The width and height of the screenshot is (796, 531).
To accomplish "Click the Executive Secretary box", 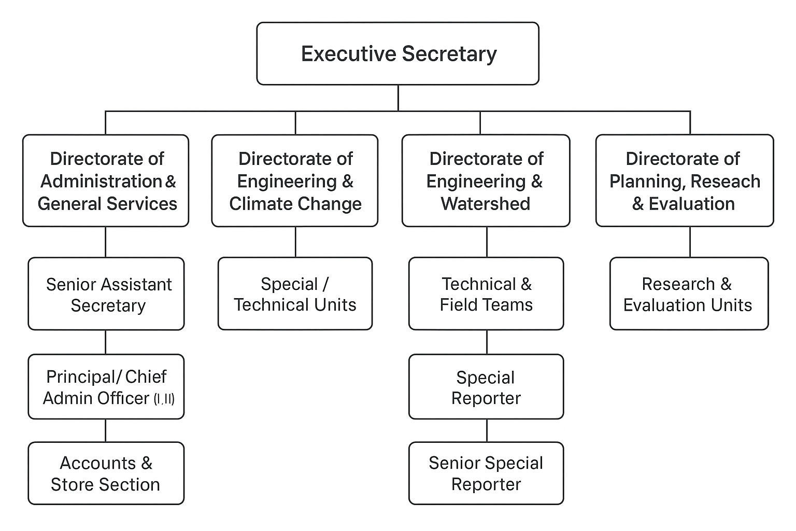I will (x=397, y=53).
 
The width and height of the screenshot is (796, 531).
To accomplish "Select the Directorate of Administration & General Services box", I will (x=106, y=180).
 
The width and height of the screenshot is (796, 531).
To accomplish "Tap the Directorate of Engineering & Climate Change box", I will (x=295, y=180).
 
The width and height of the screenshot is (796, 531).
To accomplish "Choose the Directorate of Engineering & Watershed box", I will (x=486, y=180).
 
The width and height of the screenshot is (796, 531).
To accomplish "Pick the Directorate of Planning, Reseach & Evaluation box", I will (x=685, y=180).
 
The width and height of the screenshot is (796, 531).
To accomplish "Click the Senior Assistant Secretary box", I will (x=106, y=294).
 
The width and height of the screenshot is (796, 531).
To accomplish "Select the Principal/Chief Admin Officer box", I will (x=106, y=387).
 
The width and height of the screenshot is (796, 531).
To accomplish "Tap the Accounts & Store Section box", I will (x=106, y=473).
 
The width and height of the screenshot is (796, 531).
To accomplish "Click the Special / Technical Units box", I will (x=295, y=294).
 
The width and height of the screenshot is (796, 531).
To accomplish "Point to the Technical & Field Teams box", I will (x=486, y=294).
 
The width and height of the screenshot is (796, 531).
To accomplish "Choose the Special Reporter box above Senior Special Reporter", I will (x=486, y=387).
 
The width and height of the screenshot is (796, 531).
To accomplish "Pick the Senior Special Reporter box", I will (x=486, y=473).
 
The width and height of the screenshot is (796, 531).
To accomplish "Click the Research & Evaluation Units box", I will (x=689, y=294).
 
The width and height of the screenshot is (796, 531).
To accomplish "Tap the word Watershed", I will (x=486, y=204).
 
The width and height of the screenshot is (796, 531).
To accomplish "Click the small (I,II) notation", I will (x=164, y=399).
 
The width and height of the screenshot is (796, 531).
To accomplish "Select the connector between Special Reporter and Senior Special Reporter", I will (x=487, y=430).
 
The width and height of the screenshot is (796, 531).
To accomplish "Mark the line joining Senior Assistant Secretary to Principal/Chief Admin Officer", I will (x=106, y=342).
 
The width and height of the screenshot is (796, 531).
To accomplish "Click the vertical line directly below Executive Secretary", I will (x=398, y=97).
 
